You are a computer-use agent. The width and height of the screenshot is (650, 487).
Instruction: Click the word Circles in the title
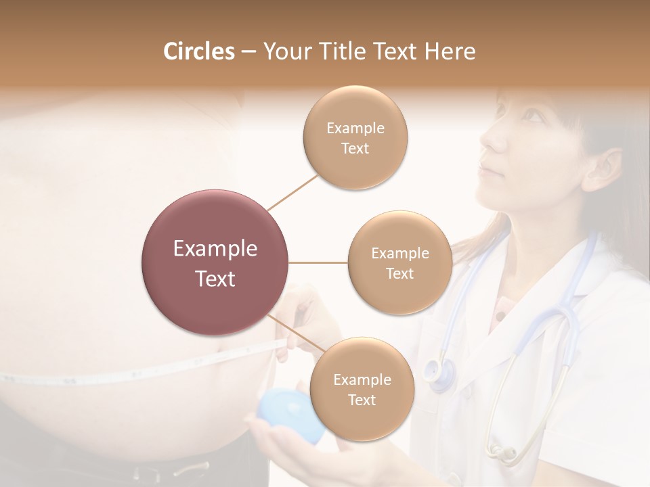[x=198, y=51]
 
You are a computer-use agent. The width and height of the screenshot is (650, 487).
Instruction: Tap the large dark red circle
[x=215, y=262]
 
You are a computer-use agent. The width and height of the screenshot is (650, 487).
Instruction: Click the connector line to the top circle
[x=292, y=192]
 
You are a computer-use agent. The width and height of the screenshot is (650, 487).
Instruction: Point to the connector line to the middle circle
[x=318, y=262]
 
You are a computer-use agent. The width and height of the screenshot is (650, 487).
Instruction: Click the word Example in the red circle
[x=215, y=249]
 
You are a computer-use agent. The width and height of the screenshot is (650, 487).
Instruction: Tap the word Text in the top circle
[x=355, y=148]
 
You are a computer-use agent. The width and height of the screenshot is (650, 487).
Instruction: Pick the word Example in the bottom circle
[x=362, y=380]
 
